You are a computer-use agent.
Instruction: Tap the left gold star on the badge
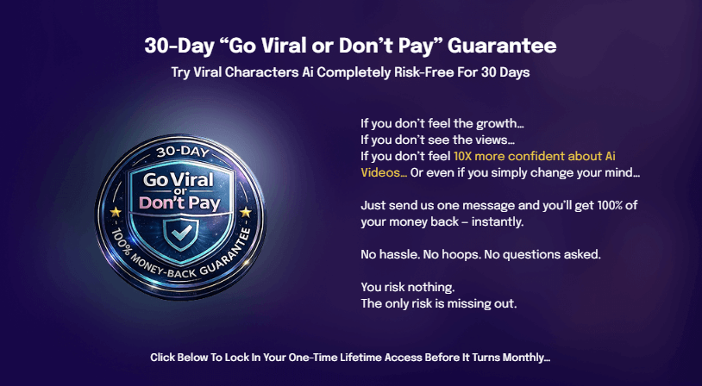116,211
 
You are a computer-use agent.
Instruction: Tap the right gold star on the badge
246,212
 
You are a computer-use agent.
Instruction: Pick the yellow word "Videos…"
383,173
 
